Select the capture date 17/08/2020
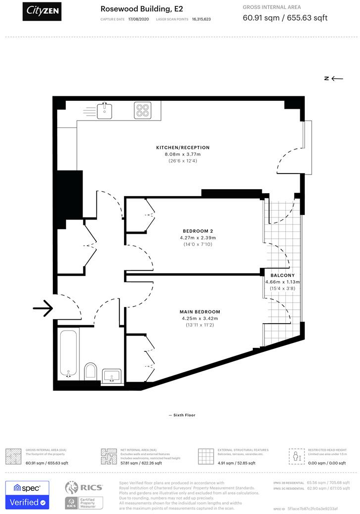tap(138, 19)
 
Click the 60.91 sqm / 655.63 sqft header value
tap(285, 18)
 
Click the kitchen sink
tap(104, 111)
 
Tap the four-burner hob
tap(143, 110)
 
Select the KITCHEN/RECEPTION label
tap(183, 148)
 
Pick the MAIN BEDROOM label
tap(200, 312)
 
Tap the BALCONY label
tap(282, 275)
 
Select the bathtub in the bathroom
tap(68, 353)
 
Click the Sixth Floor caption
tap(182, 415)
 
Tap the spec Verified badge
tap(27, 495)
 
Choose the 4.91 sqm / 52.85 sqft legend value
tap(237, 463)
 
